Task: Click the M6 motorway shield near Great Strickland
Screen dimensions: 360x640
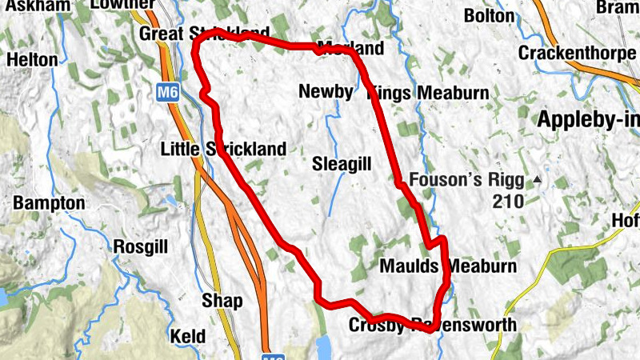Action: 167,92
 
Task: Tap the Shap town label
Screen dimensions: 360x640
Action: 222,300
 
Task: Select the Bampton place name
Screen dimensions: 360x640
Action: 49,203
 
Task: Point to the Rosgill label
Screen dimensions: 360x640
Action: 141,246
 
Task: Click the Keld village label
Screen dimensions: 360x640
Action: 188,336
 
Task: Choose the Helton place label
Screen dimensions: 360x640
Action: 32,59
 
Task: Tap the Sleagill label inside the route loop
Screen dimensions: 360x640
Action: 342,165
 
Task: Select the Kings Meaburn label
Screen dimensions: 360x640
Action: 428,94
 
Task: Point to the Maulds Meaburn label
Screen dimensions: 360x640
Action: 449,266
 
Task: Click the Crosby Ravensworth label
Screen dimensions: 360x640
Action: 433,326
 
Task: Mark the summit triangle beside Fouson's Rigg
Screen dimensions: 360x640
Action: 538,179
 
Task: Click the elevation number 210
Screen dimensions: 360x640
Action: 508,202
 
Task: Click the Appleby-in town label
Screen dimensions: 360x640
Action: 589,120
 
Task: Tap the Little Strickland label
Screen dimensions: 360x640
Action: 223,149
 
